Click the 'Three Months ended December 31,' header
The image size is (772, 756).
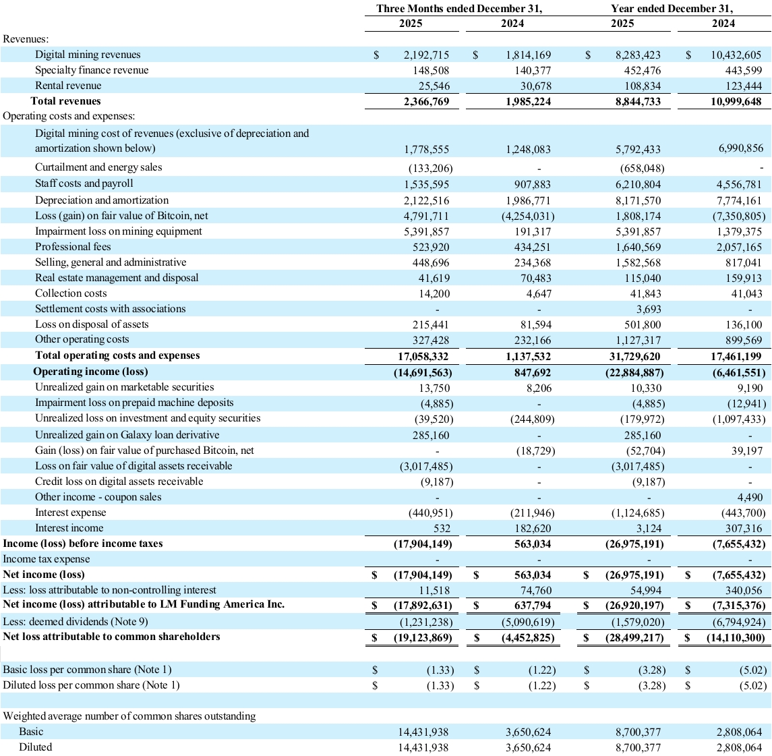[459, 9]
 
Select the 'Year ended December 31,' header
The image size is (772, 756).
[672, 9]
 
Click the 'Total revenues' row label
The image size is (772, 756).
[65, 101]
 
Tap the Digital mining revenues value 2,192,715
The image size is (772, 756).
[421, 55]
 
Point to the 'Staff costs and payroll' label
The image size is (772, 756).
[84, 183]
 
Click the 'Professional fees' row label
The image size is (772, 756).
[73, 247]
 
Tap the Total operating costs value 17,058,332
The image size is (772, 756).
[421, 356]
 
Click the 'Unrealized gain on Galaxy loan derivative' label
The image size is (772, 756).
[127, 435]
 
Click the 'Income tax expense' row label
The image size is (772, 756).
[47, 559]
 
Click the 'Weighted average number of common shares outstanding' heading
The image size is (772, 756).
[129, 716]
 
